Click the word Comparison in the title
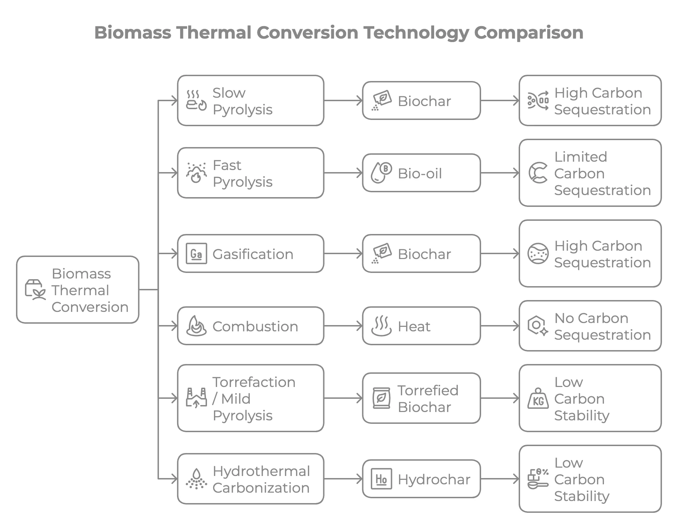[x=528, y=33]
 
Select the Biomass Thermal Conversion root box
[x=78, y=290]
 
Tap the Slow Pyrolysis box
[x=250, y=100]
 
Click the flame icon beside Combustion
[x=196, y=326]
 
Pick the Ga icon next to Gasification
[x=196, y=253]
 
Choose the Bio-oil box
[x=421, y=173]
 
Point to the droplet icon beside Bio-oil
[x=381, y=173]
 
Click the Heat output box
[x=421, y=326]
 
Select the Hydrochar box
[x=421, y=479]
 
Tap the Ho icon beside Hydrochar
[x=381, y=479]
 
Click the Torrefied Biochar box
[x=421, y=398]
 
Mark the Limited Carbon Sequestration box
[x=590, y=173]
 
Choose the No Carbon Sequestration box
[x=590, y=326]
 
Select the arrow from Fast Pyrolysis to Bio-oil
[x=343, y=173]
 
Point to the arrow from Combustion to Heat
[x=343, y=326]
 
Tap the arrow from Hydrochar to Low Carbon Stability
[x=500, y=479]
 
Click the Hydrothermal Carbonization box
[x=250, y=479]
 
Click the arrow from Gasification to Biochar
[x=343, y=253]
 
